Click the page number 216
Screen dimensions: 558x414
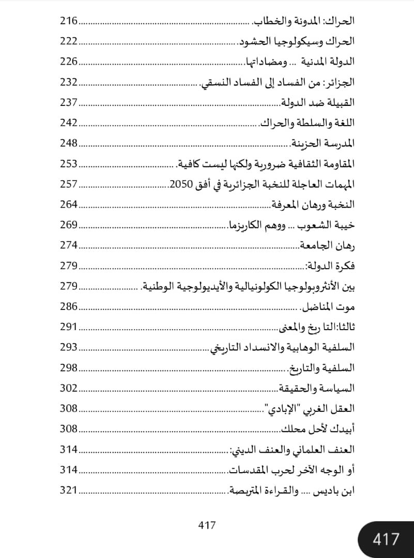[68, 21]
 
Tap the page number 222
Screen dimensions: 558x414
[68, 41]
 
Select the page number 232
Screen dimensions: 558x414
[68, 82]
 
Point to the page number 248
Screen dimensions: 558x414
[68, 143]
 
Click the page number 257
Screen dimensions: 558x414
[68, 184]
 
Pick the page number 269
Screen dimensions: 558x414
[68, 225]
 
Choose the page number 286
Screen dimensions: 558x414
[68, 306]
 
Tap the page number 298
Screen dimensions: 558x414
[68, 367]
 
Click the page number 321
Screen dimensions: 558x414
[68, 490]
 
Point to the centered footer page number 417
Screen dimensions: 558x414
[207, 525]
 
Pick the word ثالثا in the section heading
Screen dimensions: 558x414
[346, 327]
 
